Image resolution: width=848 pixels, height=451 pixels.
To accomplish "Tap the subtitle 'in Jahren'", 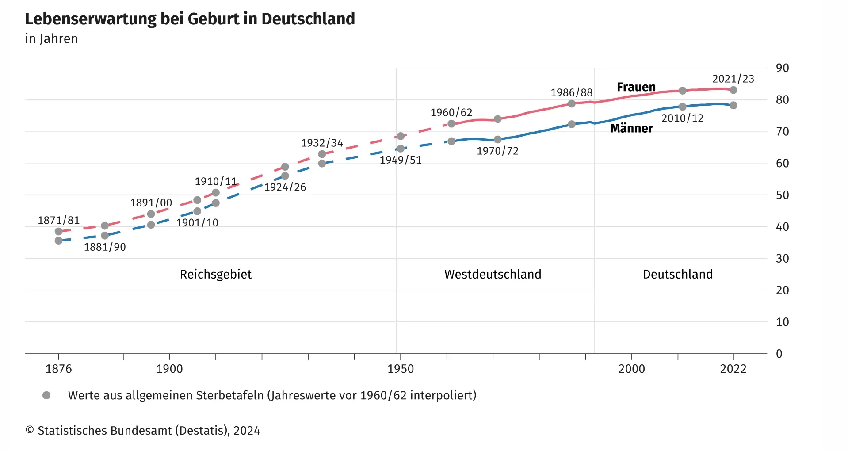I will (51, 39).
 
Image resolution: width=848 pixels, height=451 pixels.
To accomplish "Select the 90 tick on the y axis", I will (782, 68).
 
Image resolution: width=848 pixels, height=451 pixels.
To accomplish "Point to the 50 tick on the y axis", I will (782, 195).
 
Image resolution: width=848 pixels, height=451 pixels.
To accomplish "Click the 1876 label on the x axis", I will (58, 369).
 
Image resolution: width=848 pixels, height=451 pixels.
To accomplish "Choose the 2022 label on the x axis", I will (733, 369).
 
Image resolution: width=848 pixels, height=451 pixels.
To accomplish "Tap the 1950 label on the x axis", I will (401, 369).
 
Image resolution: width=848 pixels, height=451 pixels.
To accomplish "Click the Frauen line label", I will (636, 87).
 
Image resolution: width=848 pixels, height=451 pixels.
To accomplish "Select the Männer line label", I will (631, 128).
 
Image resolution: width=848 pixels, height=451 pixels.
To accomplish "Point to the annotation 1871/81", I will (58, 220).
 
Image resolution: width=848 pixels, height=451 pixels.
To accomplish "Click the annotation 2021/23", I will (733, 79).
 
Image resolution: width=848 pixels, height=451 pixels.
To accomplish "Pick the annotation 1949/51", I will (401, 160).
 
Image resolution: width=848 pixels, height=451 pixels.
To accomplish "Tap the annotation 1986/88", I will (571, 92).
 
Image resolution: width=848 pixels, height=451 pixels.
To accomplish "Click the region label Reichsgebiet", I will (216, 274).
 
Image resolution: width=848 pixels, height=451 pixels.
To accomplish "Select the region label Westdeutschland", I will (493, 274).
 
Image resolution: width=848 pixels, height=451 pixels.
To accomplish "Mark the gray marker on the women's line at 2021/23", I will (733, 90).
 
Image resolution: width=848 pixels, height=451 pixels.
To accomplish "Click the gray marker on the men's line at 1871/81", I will (58, 241).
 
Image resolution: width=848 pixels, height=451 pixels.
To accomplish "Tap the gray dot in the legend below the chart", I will (46, 395).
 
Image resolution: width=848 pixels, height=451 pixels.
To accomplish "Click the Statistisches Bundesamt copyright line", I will (143, 431).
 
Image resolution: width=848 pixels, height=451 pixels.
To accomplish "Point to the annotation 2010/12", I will (682, 118).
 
